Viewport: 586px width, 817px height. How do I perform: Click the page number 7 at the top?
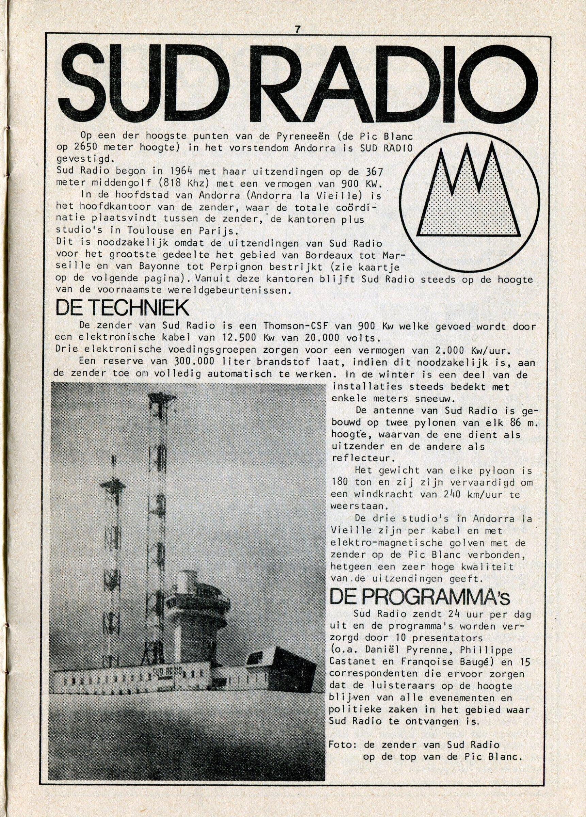click(x=297, y=31)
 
